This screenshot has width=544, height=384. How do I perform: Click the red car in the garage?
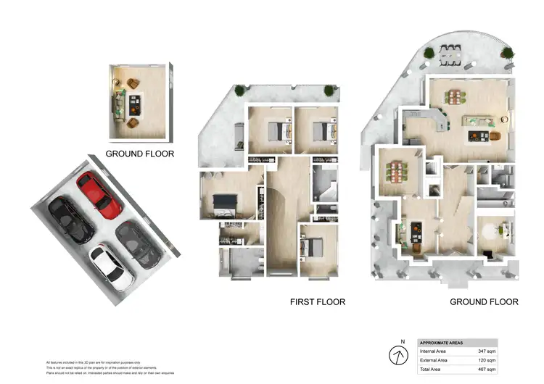tap(99, 195)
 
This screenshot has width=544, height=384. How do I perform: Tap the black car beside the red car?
tap(72, 220)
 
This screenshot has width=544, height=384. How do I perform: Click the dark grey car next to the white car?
tap(139, 243)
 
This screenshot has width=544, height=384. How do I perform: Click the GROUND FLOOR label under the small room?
tap(140, 154)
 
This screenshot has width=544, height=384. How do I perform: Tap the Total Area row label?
tap(432, 370)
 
